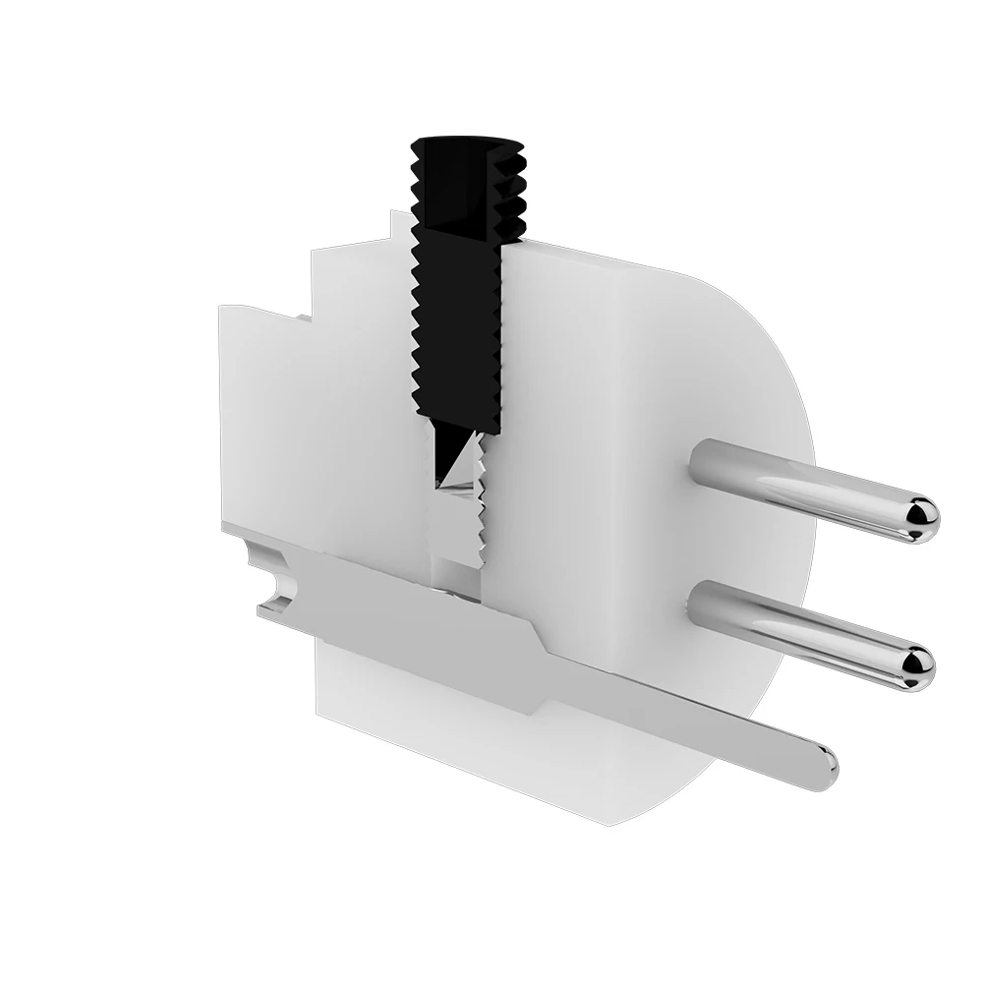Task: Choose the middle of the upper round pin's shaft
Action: tap(806, 488)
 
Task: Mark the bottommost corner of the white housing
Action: tap(609, 824)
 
